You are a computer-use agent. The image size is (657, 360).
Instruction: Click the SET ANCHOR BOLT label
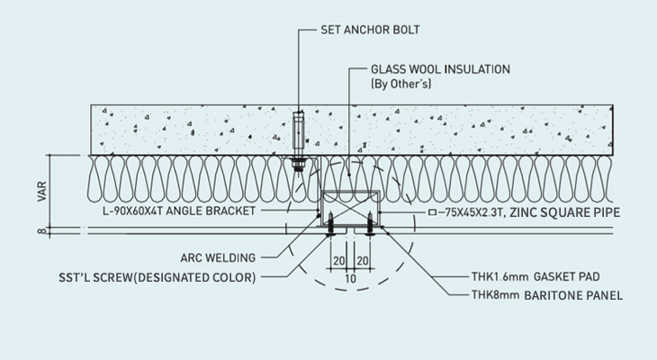coord(371,29)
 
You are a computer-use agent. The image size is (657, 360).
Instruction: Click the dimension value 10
coord(350,278)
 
